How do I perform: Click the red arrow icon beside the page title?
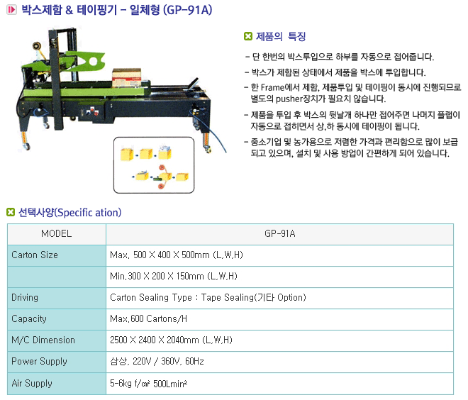(x=11, y=10)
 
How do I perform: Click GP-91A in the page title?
(x=187, y=10)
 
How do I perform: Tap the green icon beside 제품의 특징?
(x=248, y=36)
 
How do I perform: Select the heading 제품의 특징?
(x=281, y=36)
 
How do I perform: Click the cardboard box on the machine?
(x=126, y=77)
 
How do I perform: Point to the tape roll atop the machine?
(x=38, y=47)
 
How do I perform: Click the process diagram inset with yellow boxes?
(x=154, y=165)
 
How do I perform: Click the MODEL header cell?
(x=57, y=234)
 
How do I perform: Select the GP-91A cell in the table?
(x=279, y=234)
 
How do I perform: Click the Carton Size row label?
(x=35, y=255)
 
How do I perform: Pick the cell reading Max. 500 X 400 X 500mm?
(x=279, y=255)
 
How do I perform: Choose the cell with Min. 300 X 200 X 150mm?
(x=279, y=277)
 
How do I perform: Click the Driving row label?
(x=25, y=298)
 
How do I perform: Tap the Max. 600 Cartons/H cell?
(x=279, y=319)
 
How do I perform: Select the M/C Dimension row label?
(x=43, y=340)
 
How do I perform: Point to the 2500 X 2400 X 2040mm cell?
(x=279, y=340)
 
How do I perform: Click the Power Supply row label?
(x=39, y=362)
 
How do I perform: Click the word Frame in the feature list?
(x=272, y=87)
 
